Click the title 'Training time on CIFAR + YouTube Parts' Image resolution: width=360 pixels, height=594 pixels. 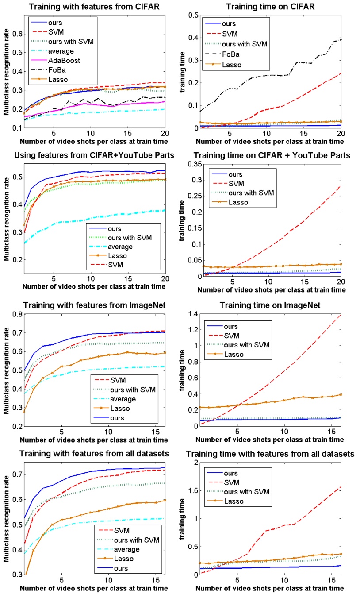click(269, 156)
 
